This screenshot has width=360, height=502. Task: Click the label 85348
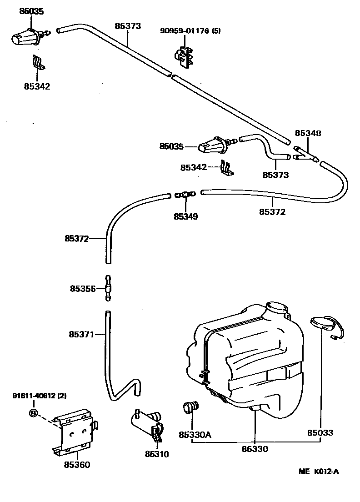click(x=308, y=134)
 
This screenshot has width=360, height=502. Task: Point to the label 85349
click(x=185, y=216)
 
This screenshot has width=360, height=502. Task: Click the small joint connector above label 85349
click(x=184, y=195)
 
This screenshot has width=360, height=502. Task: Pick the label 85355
click(x=82, y=288)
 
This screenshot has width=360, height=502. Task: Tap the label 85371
click(x=81, y=335)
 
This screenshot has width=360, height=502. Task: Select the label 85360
click(x=77, y=464)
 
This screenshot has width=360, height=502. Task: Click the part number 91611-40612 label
click(x=39, y=396)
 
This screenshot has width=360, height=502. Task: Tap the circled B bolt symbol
click(x=33, y=413)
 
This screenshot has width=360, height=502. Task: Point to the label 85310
click(x=157, y=454)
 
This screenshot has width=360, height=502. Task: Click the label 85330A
click(x=195, y=435)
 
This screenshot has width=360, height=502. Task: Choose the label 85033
click(x=320, y=433)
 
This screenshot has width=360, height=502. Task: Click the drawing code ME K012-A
click(x=318, y=471)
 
